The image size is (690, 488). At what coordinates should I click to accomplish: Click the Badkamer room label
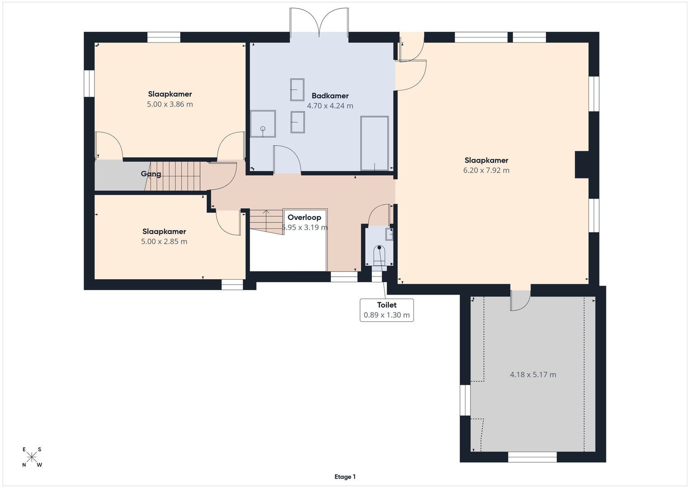coord(330,96)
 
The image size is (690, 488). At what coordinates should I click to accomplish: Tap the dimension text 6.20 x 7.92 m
coord(486,170)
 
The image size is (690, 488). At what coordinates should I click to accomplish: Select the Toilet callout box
coord(386,310)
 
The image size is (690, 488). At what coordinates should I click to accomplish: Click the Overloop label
coord(304,217)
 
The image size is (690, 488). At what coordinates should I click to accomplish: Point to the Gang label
coord(151,174)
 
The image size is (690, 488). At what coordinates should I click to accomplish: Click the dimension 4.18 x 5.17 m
coord(533,375)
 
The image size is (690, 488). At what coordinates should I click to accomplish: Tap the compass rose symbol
coord(32,457)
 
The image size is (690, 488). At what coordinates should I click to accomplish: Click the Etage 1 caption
coord(345,477)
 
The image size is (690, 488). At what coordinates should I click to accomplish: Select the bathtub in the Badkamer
coord(374,143)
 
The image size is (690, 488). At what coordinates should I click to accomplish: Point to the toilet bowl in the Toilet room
coord(379,256)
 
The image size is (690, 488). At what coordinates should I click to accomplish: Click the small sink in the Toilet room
coord(389,234)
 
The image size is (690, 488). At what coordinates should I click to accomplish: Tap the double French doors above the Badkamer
coord(319,23)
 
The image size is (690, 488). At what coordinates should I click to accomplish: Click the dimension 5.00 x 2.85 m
coord(164,242)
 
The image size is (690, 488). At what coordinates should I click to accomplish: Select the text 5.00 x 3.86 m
coord(169,104)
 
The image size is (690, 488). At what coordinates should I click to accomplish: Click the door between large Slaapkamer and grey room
coord(520,298)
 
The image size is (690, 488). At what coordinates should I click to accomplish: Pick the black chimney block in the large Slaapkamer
coord(581,164)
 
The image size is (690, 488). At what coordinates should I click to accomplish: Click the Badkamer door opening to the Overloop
coord(287,160)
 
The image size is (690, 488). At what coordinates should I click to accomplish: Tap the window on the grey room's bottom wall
coord(532,457)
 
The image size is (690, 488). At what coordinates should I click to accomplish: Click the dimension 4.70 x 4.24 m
coord(330,106)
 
